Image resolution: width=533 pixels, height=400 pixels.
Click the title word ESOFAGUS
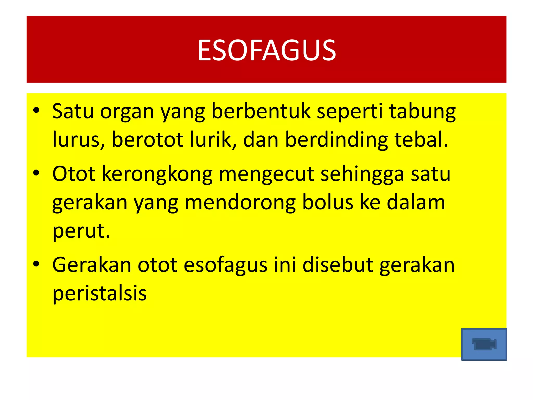266,50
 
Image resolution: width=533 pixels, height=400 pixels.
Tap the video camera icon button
484,344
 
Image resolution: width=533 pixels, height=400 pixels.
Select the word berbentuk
261,111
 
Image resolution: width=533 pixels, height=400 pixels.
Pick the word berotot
148,139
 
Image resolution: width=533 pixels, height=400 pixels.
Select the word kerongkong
157,174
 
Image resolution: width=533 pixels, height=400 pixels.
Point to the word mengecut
266,174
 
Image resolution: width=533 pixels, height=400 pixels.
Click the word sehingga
362,174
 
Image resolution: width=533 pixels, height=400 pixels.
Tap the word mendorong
240,203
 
